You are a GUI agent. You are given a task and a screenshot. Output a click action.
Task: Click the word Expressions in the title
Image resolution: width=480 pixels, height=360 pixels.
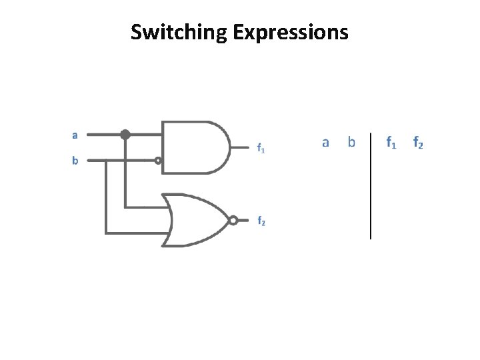click(291, 32)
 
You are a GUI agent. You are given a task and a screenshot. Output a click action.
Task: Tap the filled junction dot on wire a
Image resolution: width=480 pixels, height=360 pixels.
click(125, 135)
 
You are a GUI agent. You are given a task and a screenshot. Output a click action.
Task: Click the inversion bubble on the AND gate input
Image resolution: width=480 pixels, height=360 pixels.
click(158, 160)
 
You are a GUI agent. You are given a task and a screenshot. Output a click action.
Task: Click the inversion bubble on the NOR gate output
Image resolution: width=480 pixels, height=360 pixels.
click(233, 220)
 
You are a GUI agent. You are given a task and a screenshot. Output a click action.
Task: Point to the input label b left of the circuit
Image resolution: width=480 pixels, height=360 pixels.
click(75, 161)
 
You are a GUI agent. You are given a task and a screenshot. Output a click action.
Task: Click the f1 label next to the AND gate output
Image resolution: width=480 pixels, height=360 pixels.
click(261, 149)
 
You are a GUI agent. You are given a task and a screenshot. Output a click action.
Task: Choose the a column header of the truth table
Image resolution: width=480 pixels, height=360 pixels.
click(325, 142)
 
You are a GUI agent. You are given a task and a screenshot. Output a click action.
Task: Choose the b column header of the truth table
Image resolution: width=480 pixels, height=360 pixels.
click(351, 142)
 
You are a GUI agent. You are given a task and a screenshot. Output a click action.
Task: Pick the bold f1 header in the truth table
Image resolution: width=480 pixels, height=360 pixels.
click(391, 142)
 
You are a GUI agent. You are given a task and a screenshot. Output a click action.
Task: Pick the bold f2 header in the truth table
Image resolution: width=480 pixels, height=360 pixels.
click(418, 142)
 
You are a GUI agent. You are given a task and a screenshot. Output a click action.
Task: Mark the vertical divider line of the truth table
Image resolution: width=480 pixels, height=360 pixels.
click(371, 193)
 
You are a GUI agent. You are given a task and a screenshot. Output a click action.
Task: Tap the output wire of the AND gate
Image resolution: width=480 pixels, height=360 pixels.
click(240, 147)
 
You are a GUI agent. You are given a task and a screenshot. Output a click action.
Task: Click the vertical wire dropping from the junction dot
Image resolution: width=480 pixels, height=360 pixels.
click(125, 173)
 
